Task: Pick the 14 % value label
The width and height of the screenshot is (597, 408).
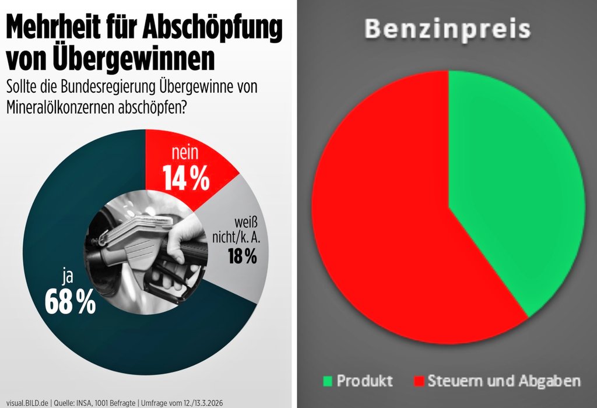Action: click(186, 178)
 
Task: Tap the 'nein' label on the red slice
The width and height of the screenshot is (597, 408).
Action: click(185, 154)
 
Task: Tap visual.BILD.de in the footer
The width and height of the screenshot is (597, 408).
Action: click(27, 402)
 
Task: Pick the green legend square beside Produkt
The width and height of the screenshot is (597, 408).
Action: click(328, 382)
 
